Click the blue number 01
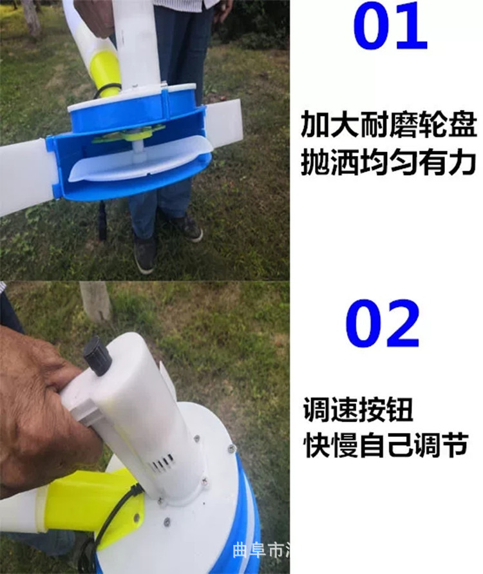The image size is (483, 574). pyautogui.click(x=390, y=29)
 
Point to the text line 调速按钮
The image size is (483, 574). pyautogui.click(x=358, y=410)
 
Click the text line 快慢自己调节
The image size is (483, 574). pyautogui.click(x=386, y=446)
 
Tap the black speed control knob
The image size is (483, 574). pyautogui.click(x=96, y=355)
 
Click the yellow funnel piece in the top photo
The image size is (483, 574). pyautogui.click(x=104, y=71)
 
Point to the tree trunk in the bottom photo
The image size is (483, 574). pyautogui.click(x=96, y=300)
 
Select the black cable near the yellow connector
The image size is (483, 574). pyautogui.click(x=109, y=522)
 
